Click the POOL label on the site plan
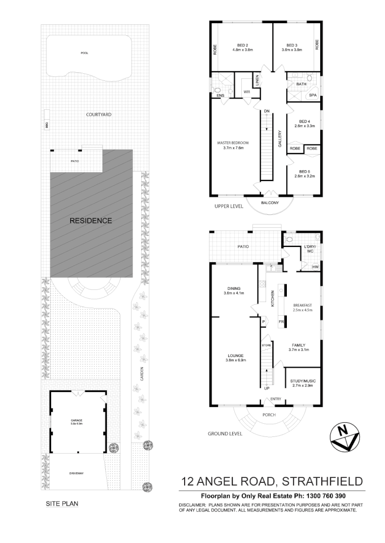[x=84, y=54]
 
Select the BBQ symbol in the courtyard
[x=46, y=126]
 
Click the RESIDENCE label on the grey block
[x=91, y=221]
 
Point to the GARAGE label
[x=76, y=420]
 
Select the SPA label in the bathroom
[x=313, y=95]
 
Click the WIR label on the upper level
[x=247, y=92]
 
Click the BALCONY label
[x=269, y=203]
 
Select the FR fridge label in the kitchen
[x=281, y=321]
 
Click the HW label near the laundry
[x=315, y=267]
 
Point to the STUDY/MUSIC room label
[x=302, y=383]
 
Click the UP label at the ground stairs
[x=267, y=388]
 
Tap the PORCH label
[x=269, y=415]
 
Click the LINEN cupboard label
[x=257, y=80]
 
